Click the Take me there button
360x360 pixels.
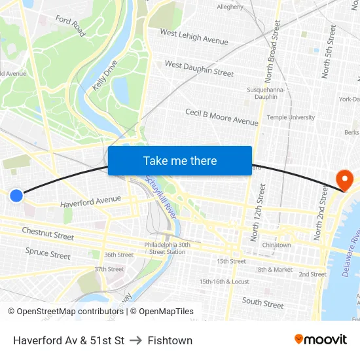[x=180, y=161]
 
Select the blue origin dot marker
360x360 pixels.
[x=16, y=195]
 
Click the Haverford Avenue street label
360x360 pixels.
[x=91, y=202]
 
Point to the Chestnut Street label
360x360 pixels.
[x=48, y=232]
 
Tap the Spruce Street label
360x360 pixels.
[x=48, y=253]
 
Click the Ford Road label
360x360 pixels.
[x=70, y=26]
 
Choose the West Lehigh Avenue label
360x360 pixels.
[x=194, y=37]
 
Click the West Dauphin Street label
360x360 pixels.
[x=199, y=68]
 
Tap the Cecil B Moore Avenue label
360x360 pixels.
[x=221, y=117]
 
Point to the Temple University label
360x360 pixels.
[x=291, y=117]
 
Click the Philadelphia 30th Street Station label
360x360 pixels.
[x=167, y=248]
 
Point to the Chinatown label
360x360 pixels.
[x=276, y=245]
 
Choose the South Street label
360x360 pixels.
[x=262, y=302]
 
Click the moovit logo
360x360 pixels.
[x=320, y=339]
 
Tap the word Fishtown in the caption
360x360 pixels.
[x=170, y=340]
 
